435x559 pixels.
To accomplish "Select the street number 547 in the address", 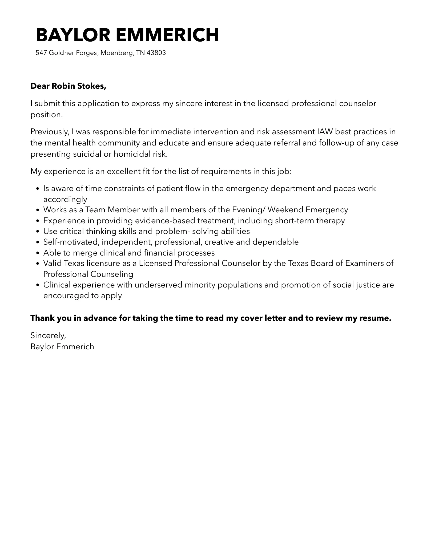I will [41, 53].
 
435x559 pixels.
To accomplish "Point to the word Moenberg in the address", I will [117, 53].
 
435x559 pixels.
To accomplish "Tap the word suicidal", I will [87, 154].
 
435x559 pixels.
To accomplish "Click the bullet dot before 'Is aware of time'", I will [38, 189].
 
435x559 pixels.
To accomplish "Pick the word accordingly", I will [65, 199].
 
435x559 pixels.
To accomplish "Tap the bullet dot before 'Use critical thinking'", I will [38, 232].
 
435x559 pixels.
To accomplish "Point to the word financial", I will [159, 253].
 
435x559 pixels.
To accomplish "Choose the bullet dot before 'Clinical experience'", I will [38, 285].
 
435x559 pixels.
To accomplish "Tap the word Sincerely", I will [48, 335].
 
